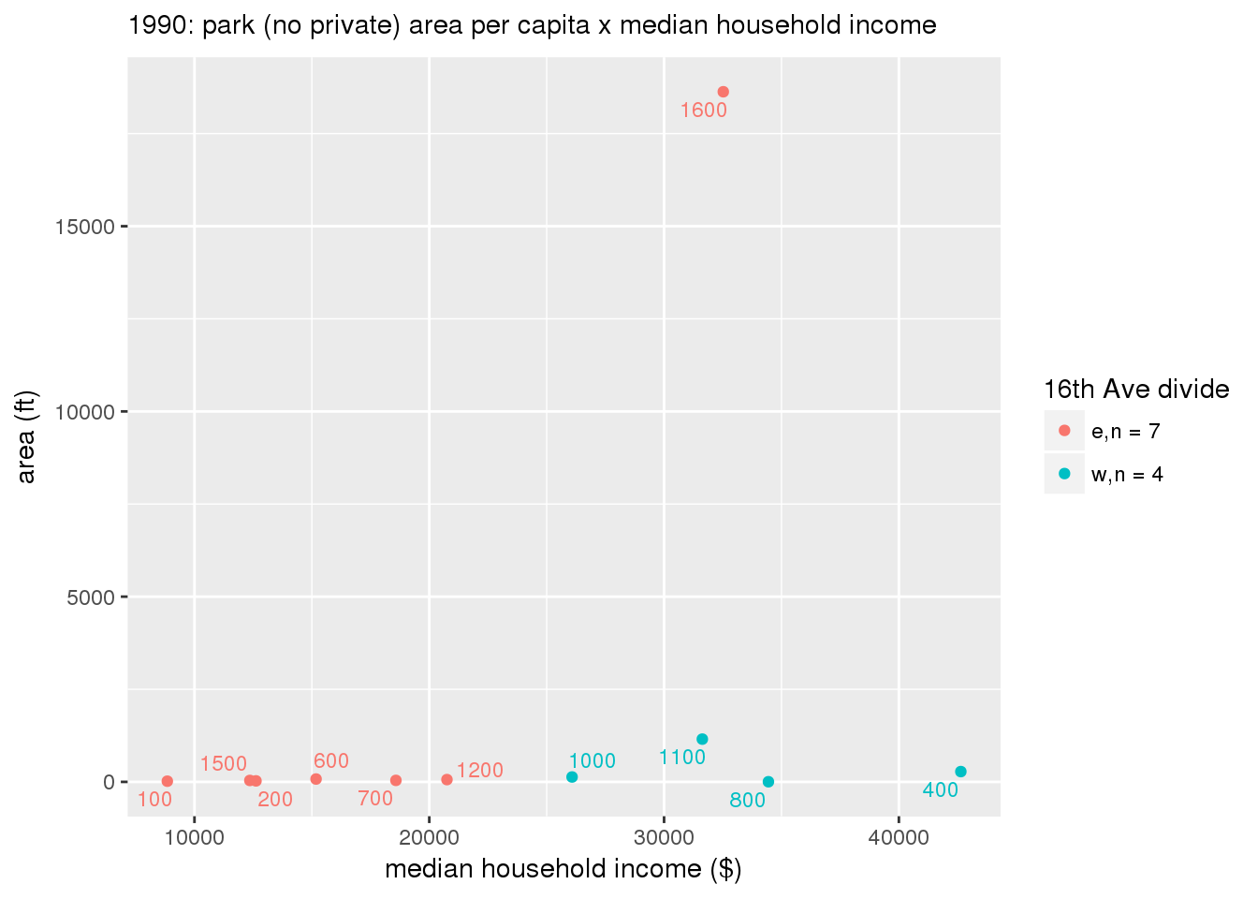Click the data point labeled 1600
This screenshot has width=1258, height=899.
pos(723,92)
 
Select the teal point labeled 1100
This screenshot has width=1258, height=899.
pos(702,739)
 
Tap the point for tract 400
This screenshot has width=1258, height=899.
pos(960,772)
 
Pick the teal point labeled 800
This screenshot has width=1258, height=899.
pos(768,782)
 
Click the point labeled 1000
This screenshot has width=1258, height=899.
pos(572,777)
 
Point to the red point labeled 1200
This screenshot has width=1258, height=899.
pos(446,779)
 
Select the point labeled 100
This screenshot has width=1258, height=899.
pos(168,781)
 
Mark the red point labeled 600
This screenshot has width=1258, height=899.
pos(316,779)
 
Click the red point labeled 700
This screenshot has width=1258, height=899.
pos(396,780)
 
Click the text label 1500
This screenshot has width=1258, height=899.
pos(224,764)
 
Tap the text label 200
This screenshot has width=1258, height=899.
pos(275,800)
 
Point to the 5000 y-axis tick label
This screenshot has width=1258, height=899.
pos(91,597)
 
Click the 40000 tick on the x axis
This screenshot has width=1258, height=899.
pos(898,836)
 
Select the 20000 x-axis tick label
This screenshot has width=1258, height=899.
pos(428,836)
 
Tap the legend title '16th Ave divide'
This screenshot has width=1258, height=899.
pos(1136,389)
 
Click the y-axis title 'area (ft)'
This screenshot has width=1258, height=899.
pos(27,436)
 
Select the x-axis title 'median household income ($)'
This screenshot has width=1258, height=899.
pos(563,870)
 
